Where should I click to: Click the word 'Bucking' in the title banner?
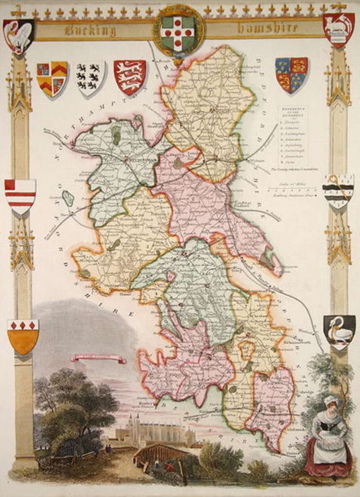(90, 31)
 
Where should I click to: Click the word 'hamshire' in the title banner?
(268, 29)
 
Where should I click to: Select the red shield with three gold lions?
(130, 76)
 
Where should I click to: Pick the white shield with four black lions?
(91, 77)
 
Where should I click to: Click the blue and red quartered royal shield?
(291, 74)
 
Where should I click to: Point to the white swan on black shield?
(339, 332)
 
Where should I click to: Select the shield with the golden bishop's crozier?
(338, 191)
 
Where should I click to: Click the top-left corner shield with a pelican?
(18, 35)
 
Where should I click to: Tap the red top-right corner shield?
(338, 29)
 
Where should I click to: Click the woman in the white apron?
(329, 439)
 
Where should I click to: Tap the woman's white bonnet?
(330, 400)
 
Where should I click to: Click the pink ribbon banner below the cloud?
(99, 359)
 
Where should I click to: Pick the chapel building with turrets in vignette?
(154, 431)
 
